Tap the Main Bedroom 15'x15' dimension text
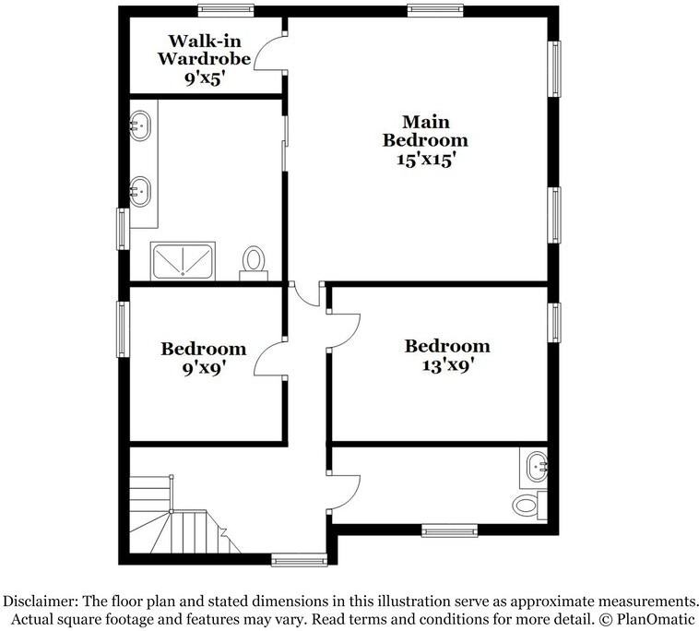pyautogui.click(x=425, y=159)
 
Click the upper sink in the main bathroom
pyautogui.click(x=140, y=125)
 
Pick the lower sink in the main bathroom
pyautogui.click(x=140, y=192)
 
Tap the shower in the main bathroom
pyautogui.click(x=183, y=260)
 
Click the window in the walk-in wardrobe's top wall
pyautogui.click(x=226, y=11)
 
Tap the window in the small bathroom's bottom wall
pyautogui.click(x=449, y=530)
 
